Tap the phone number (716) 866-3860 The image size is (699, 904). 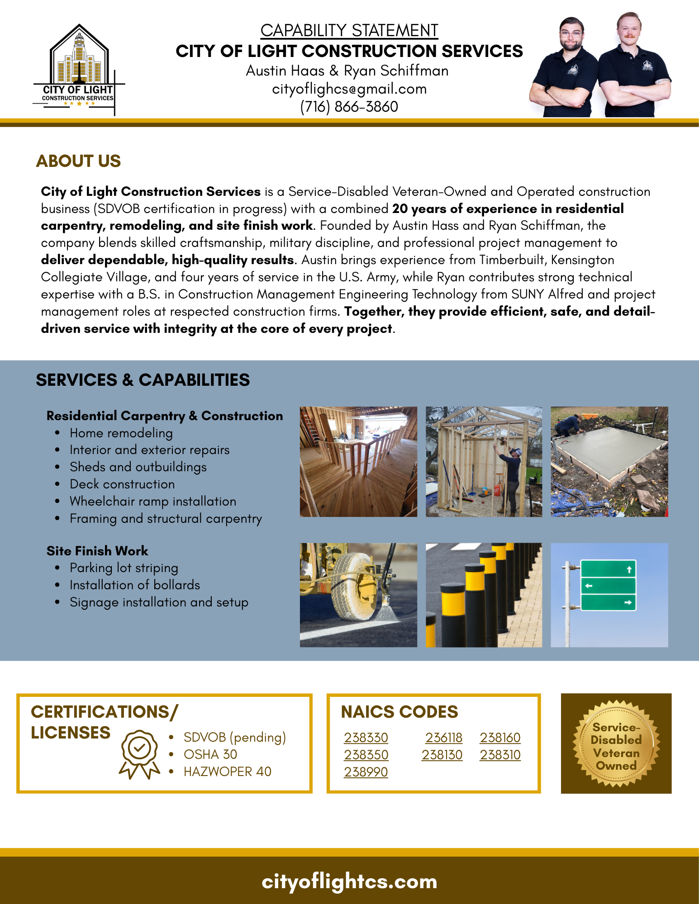pyautogui.click(x=349, y=107)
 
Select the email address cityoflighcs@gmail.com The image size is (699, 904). pyautogui.click(x=349, y=89)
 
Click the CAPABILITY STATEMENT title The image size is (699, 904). pyautogui.click(x=349, y=31)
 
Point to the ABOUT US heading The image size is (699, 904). pyautogui.click(x=78, y=161)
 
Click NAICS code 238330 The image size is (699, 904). pyautogui.click(x=366, y=738)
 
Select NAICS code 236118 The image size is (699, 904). pyautogui.click(x=443, y=738)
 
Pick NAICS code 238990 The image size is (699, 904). pyautogui.click(x=366, y=772)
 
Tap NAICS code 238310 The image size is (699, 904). pyautogui.click(x=500, y=755)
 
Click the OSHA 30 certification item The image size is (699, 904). pyautogui.click(x=210, y=754)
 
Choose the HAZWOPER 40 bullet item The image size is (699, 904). pyautogui.click(x=227, y=771)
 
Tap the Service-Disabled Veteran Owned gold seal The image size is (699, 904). pyautogui.click(x=616, y=743)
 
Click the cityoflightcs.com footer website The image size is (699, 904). pyautogui.click(x=349, y=881)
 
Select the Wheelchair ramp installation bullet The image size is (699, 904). pyautogui.click(x=153, y=501)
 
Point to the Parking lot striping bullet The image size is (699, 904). pyautogui.click(x=124, y=568)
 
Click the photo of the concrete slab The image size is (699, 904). pyautogui.click(x=609, y=462)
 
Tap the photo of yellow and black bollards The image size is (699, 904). pyautogui.click(x=484, y=595)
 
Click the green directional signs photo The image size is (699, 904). pyautogui.click(x=609, y=595)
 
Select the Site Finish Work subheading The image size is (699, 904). pyautogui.click(x=97, y=551)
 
